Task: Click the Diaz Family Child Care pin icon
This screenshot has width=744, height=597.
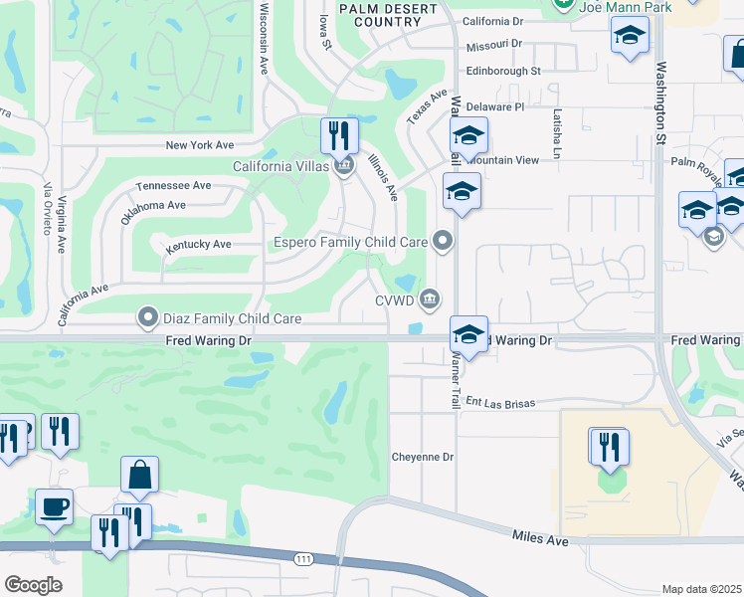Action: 148,318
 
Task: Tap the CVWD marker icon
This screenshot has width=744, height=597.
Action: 431,298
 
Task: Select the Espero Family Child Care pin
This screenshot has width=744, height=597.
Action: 443,241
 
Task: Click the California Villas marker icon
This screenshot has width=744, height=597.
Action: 344,165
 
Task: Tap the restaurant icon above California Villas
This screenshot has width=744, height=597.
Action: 339,135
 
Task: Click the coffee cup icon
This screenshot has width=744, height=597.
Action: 54,506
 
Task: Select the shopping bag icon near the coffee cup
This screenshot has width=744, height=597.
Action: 139,476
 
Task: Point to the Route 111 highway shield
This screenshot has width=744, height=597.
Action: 303,560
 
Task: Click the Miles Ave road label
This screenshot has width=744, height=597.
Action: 540,538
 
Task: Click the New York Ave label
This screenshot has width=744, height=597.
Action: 200,145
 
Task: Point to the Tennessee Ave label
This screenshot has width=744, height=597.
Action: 174,185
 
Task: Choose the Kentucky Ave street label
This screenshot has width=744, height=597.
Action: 198,244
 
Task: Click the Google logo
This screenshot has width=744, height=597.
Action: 33,585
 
